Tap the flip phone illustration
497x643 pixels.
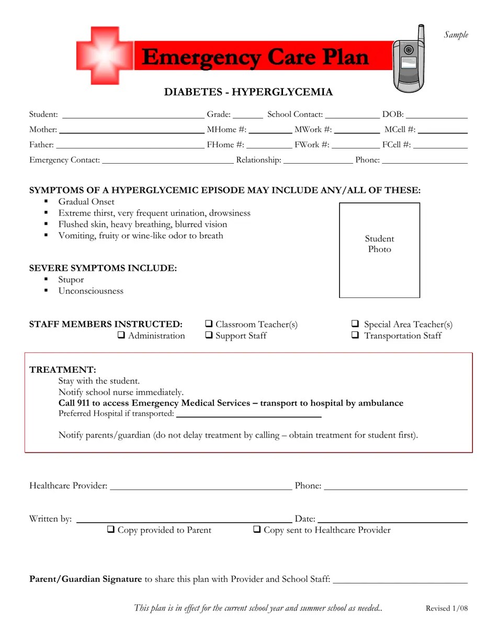pos(409,59)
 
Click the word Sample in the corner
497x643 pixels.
pos(456,35)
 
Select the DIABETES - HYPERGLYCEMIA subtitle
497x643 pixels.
pos(249,93)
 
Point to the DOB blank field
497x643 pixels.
pos(436,116)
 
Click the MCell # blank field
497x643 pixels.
pos(442,131)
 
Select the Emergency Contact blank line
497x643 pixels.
pos(167,162)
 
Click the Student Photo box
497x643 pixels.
pos(380,250)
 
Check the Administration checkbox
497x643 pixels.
pos(121,336)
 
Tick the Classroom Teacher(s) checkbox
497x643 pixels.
pos(209,324)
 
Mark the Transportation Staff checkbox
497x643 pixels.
pos(355,336)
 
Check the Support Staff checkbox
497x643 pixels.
pos(209,336)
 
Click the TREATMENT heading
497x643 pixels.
pos(63,370)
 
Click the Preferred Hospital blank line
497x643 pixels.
pos(249,415)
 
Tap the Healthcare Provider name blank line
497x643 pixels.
pos(201,487)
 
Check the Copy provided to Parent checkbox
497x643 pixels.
pos(111,530)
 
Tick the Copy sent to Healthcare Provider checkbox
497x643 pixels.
pos(257,530)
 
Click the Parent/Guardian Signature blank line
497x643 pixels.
pos(400,580)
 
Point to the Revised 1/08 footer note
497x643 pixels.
pos(447,608)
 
